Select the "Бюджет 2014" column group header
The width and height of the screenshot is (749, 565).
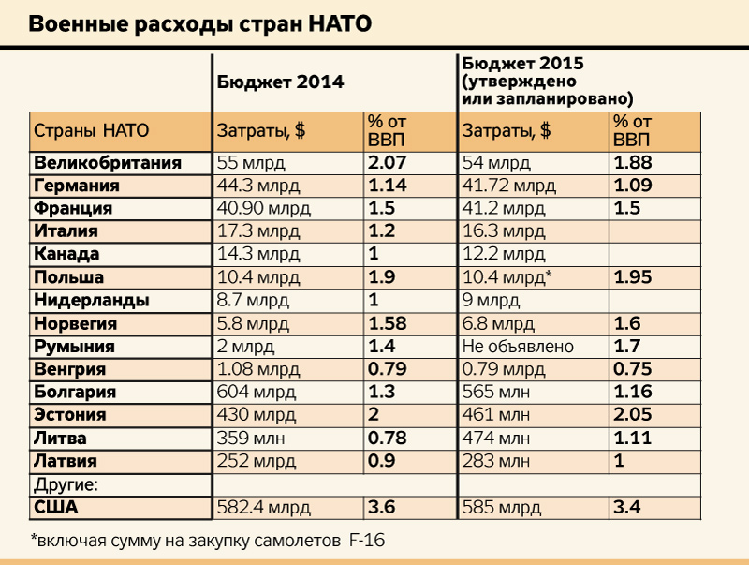280,82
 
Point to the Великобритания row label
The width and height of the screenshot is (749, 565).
107,163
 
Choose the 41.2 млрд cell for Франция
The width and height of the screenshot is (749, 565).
504,208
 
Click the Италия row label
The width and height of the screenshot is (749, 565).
66,230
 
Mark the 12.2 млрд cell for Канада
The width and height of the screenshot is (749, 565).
504,254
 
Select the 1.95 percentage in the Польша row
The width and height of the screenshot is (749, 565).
633,277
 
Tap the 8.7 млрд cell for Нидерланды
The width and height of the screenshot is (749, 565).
254,301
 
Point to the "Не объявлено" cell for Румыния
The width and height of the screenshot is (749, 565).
518,347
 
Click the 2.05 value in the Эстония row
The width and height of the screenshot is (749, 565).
633,415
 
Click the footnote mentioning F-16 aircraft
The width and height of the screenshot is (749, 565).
207,541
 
